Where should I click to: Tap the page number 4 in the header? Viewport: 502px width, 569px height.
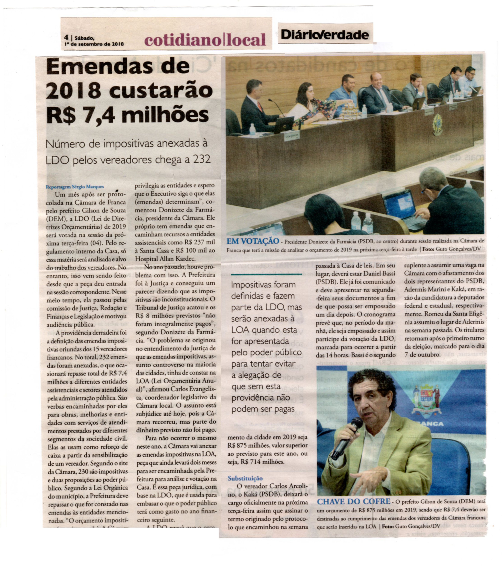[66, 37]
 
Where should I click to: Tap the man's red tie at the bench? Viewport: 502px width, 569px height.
[260, 107]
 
